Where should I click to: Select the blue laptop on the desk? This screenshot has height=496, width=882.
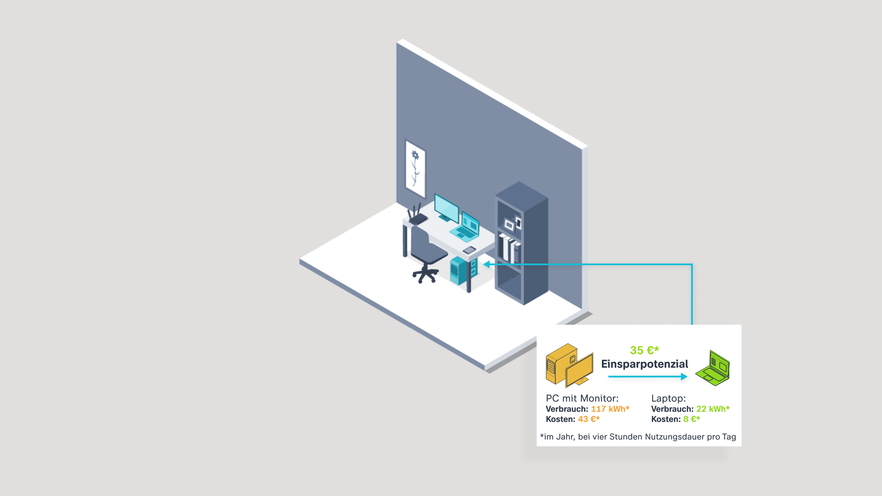[x=465, y=227]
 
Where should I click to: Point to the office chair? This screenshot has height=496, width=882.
[x=427, y=255]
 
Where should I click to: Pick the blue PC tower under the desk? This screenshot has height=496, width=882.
[x=463, y=270]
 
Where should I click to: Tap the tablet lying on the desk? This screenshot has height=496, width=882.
[x=469, y=250]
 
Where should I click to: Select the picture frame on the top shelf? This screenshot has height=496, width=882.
[x=509, y=225]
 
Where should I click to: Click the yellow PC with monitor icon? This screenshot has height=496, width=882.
[x=570, y=365]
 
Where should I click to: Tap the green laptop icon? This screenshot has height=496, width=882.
[x=712, y=368]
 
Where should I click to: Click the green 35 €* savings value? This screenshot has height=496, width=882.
[x=645, y=350]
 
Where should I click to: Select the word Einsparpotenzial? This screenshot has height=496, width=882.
[x=645, y=364]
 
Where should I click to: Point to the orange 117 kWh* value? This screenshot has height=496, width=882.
[x=610, y=409]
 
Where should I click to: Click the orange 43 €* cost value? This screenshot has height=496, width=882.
[x=589, y=419]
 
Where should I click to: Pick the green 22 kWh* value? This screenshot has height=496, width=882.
[x=713, y=409]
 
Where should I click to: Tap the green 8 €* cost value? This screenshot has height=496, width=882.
[x=691, y=419]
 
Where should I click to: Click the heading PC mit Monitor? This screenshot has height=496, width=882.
[x=582, y=399]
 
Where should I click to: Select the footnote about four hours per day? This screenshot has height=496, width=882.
[x=638, y=437]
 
